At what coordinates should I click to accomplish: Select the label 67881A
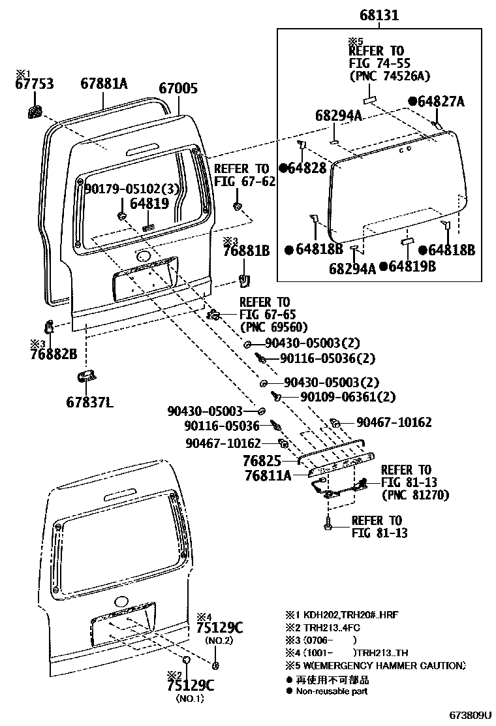[104, 84]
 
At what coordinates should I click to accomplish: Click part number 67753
[35, 84]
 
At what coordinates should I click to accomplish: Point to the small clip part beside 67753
[35, 110]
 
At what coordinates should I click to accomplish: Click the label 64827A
[441, 101]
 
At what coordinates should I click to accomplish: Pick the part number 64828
[307, 168]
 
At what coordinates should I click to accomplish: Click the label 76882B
[54, 355]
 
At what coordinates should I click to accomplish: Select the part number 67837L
[89, 402]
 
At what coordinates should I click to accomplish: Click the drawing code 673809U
[469, 716]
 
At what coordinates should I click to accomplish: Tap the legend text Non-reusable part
[332, 691]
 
